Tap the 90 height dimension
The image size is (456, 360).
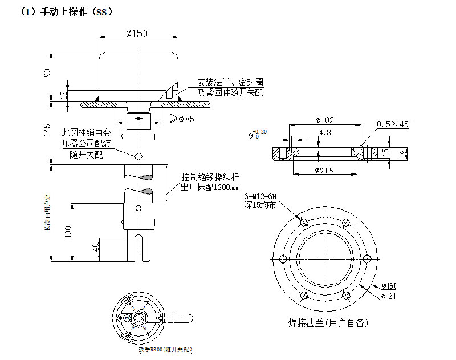(x=48, y=72)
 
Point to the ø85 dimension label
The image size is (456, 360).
(x=186, y=119)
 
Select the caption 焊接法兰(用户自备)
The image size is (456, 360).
(x=328, y=323)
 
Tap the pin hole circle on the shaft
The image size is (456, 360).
(x=137, y=156)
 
